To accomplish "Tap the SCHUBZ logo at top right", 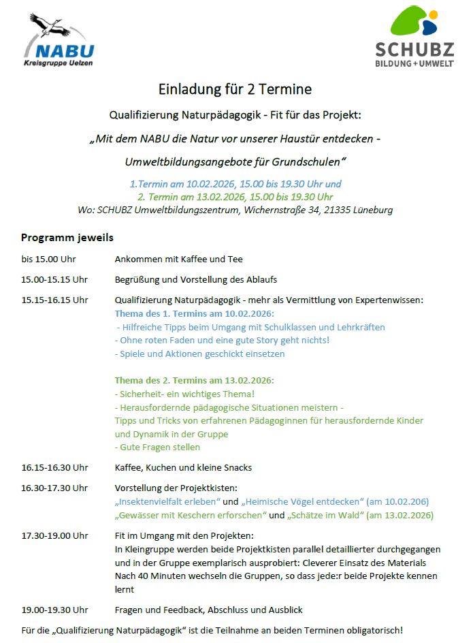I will pyautogui.click(x=414, y=37).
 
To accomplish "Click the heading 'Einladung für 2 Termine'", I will pyautogui.click(x=235, y=89).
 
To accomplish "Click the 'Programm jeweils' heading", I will pyautogui.click(x=67, y=238).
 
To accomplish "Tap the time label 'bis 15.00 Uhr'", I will pyautogui.click(x=48, y=259).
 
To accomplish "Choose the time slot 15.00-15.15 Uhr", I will pyautogui.click(x=54, y=279).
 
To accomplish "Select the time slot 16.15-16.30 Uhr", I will pyautogui.click(x=54, y=467).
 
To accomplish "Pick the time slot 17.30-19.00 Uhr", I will pyautogui.click(x=54, y=535).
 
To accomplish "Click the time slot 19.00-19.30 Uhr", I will pyautogui.click(x=54, y=610).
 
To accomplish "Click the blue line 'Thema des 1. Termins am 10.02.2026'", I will pyautogui.click(x=194, y=313).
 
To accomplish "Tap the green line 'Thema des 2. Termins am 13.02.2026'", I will pyautogui.click(x=194, y=380).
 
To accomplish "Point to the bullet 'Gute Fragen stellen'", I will pyautogui.click(x=158, y=448).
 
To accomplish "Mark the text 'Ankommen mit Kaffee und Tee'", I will pyautogui.click(x=178, y=259).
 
